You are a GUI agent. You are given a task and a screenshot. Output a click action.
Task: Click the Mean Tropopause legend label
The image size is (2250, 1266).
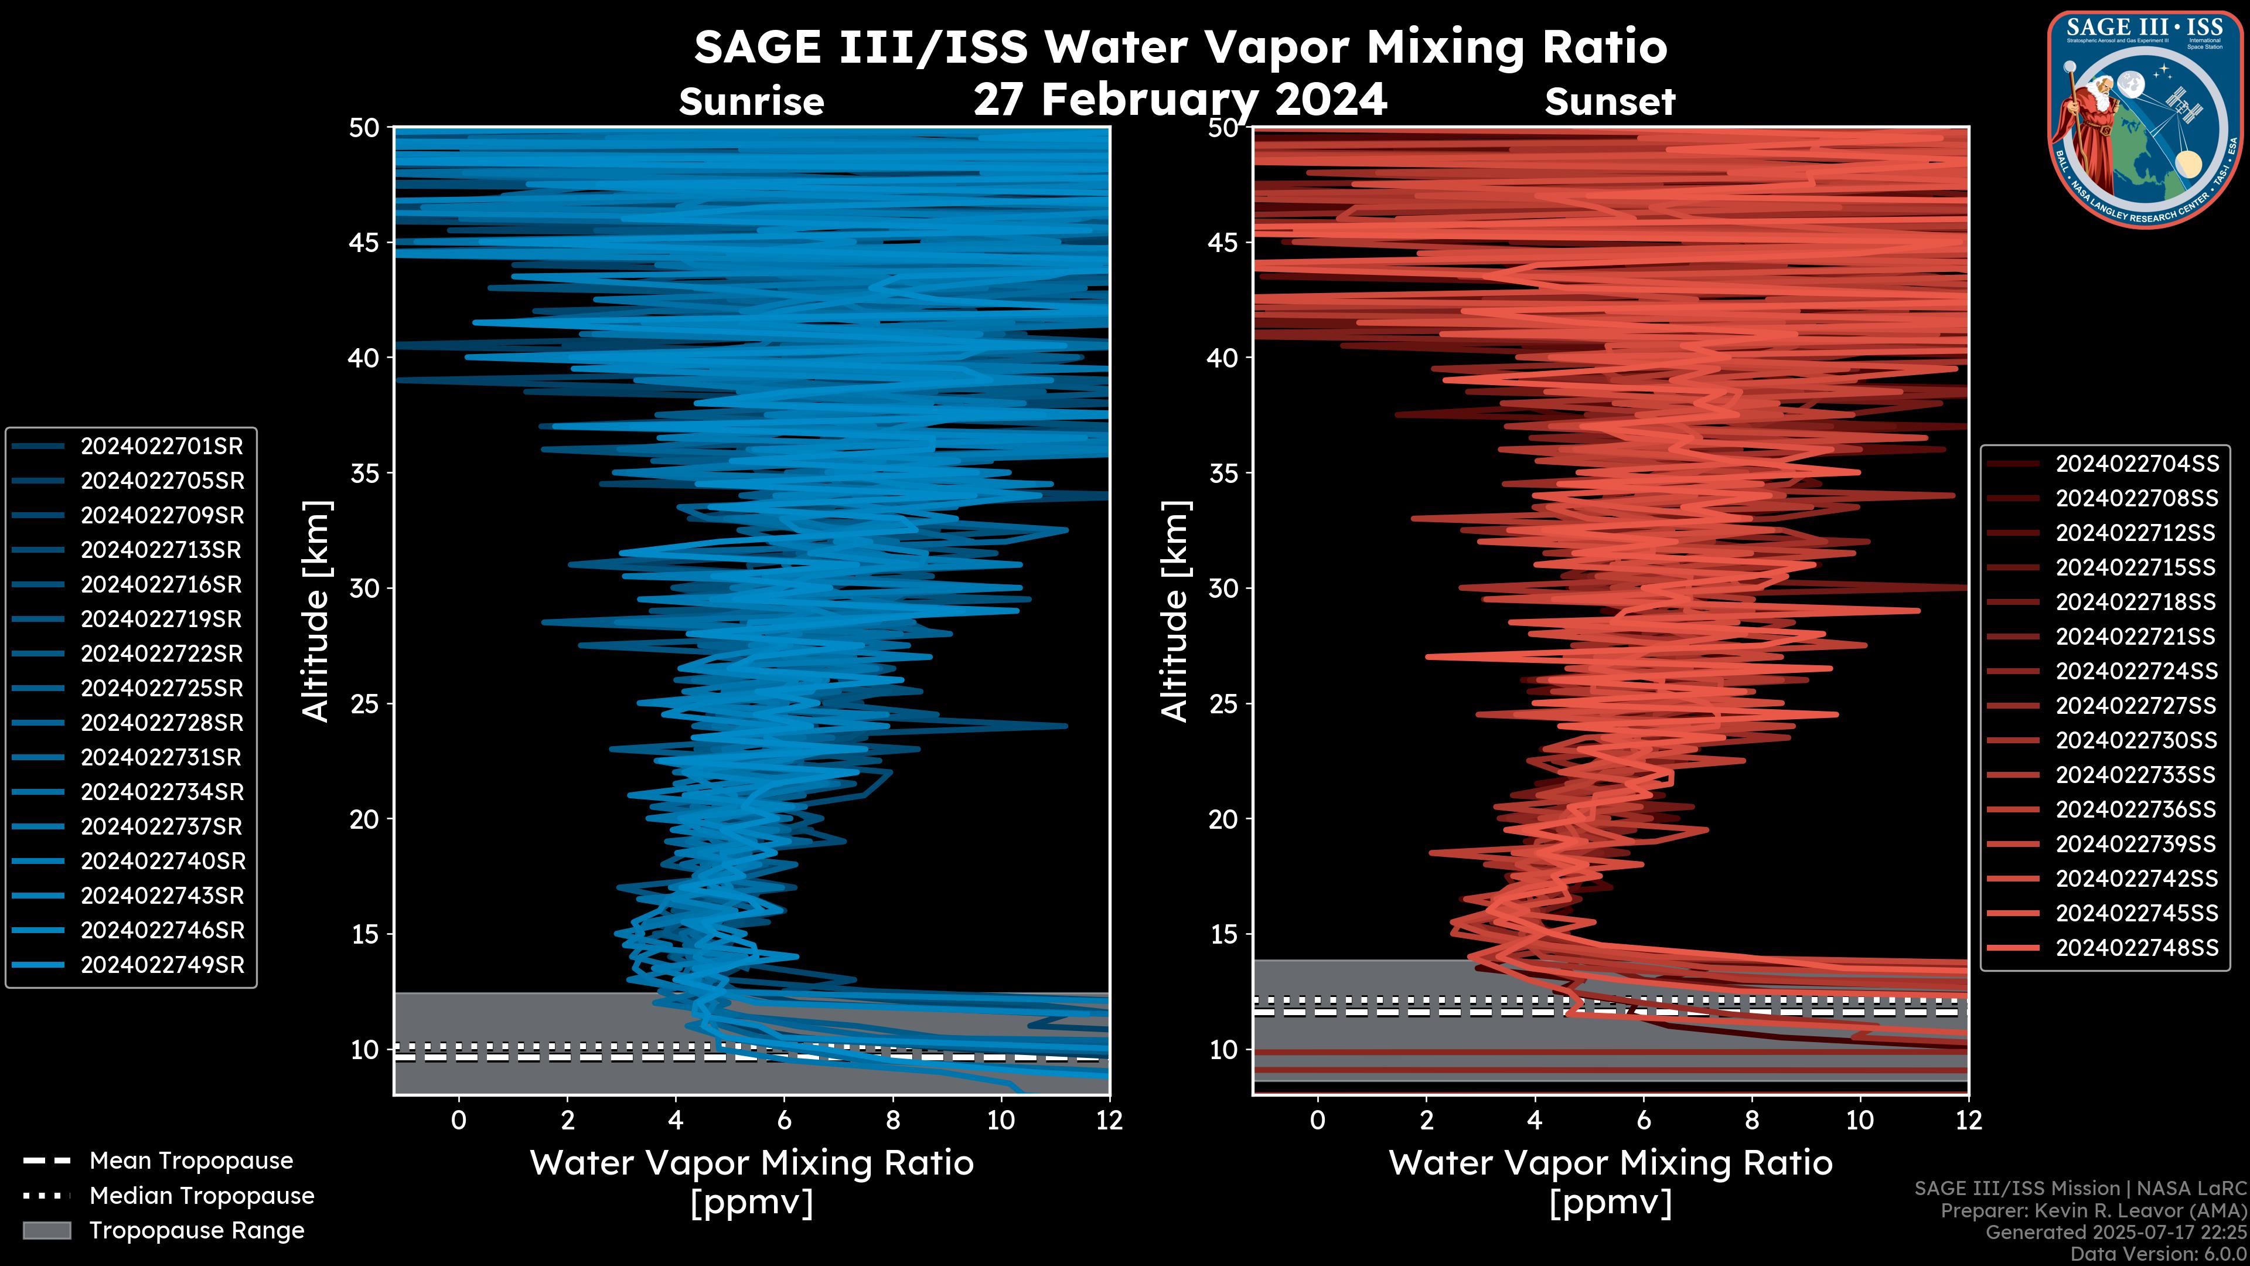coord(191,1161)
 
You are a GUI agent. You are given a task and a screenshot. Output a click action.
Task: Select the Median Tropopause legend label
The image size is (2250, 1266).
coord(202,1196)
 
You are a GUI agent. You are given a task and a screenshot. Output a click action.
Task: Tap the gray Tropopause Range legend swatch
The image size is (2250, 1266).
coord(46,1230)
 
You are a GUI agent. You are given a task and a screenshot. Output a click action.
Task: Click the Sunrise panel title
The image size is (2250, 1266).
coord(751,102)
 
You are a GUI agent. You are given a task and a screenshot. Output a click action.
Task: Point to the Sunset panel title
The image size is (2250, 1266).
coord(1610,102)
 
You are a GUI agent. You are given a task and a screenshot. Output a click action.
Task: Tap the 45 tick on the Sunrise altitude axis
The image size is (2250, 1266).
coord(365,242)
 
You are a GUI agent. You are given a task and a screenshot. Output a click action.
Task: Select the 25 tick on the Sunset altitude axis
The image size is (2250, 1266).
coord(1225,703)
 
